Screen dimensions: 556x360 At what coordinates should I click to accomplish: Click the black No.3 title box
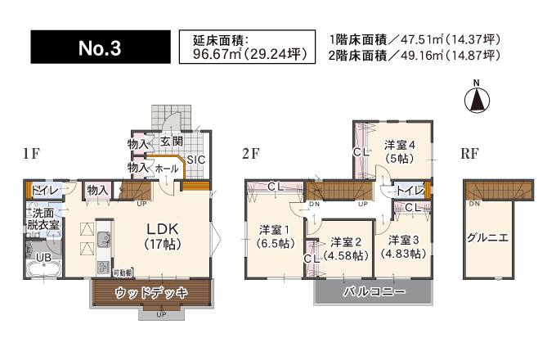[x=101, y=47]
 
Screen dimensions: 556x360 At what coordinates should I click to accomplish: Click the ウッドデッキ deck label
[x=151, y=293]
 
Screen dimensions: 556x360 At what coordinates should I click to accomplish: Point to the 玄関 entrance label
[x=172, y=142]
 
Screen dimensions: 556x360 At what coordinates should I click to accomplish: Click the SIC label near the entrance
[x=196, y=160]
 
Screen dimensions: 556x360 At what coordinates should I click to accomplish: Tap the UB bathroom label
[x=44, y=257]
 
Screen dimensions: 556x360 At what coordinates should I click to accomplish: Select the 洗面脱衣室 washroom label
[x=43, y=218]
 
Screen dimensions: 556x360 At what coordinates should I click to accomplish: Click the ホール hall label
[x=167, y=169]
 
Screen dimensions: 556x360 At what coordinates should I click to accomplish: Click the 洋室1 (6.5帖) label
[x=275, y=236]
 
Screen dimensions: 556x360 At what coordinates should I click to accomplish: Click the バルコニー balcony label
[x=374, y=291]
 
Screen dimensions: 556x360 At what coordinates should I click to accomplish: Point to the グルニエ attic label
[x=487, y=237]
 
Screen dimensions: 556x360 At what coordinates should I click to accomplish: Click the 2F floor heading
[x=251, y=154]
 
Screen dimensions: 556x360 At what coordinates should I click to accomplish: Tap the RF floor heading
[x=469, y=154]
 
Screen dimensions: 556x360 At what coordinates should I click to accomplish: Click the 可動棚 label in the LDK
[x=123, y=272]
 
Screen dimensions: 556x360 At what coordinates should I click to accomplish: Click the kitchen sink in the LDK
[x=104, y=239]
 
